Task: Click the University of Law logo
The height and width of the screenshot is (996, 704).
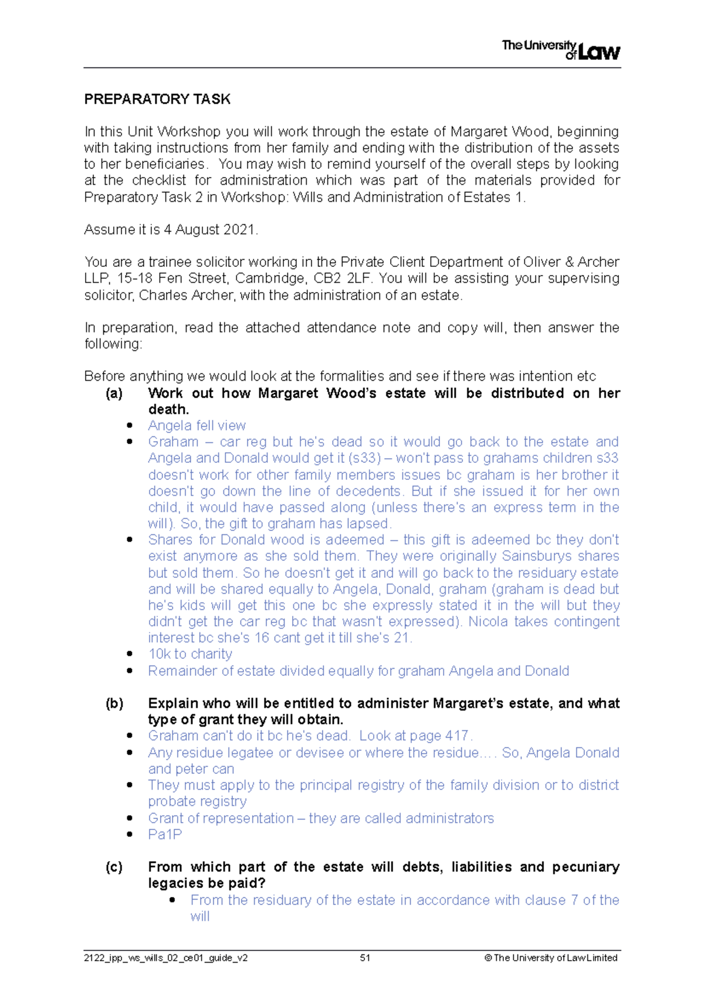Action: pyautogui.click(x=560, y=50)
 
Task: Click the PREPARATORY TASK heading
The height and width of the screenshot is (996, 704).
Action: pyautogui.click(x=157, y=99)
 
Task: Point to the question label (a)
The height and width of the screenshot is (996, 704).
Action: pyautogui.click(x=114, y=393)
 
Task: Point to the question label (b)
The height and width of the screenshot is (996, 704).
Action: pyautogui.click(x=114, y=703)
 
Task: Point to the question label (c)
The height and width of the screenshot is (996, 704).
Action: pyautogui.click(x=114, y=867)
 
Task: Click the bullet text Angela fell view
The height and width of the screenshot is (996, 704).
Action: pyautogui.click(x=197, y=425)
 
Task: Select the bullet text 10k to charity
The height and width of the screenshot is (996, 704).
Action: pyautogui.click(x=190, y=654)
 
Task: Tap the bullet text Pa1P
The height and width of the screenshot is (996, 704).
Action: pyautogui.click(x=165, y=834)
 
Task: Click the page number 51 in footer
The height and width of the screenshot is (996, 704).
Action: pyautogui.click(x=365, y=958)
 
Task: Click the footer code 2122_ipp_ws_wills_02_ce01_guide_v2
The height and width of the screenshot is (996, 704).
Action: pyautogui.click(x=165, y=958)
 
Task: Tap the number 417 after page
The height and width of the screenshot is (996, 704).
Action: pyautogui.click(x=458, y=736)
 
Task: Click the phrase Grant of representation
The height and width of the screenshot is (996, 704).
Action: pyautogui.click(x=221, y=818)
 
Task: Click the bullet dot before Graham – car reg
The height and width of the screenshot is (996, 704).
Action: pyautogui.click(x=130, y=442)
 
